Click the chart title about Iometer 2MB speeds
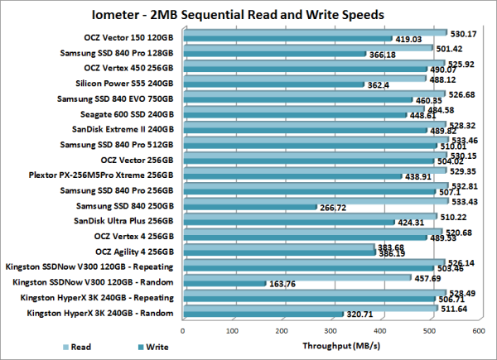tap(248, 15)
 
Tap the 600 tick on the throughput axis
tap(478, 329)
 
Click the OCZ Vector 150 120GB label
tap(130, 37)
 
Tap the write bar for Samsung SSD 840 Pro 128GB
tap(273, 55)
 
